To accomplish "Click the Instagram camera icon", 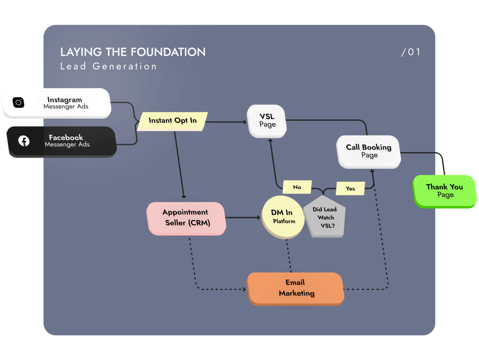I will tap(18, 102).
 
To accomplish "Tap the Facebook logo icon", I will tap(24, 141).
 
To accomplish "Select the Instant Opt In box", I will tap(173, 121).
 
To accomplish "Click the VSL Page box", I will tap(267, 121).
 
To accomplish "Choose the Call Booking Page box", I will tap(369, 151).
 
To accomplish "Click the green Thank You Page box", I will tap(444, 190).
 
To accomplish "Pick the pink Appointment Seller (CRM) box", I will tap(186, 218).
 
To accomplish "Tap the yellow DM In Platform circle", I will tap(283, 217).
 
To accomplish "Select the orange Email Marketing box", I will tap(296, 288).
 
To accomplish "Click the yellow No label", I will tap(297, 187).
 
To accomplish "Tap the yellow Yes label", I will tap(350, 188).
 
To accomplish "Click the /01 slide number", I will tap(411, 52).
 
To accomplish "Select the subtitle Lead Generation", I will tap(109, 66).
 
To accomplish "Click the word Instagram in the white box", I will tap(65, 100).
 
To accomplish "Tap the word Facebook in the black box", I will tap(66, 137).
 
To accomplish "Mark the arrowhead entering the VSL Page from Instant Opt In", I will tap(245, 122).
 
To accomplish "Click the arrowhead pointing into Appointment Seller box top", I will tap(184, 196).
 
